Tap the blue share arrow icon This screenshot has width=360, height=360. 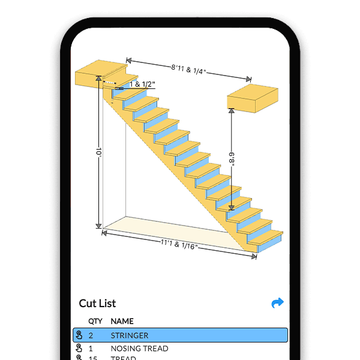pyautogui.click(x=277, y=303)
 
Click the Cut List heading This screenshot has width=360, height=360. pyautogui.click(x=97, y=303)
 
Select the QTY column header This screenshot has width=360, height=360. pyautogui.click(x=95, y=321)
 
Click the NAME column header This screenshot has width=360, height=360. pyautogui.click(x=122, y=321)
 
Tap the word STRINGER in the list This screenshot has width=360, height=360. pyautogui.click(x=129, y=335)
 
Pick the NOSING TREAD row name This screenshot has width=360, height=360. pyautogui.click(x=139, y=348)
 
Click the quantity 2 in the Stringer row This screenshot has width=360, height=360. pyautogui.click(x=91, y=335)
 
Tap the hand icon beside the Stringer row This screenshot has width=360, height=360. pyautogui.click(x=79, y=335)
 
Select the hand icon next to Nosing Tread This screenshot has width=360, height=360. pyautogui.click(x=79, y=348)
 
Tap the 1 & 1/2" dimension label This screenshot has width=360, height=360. pyautogui.click(x=142, y=85)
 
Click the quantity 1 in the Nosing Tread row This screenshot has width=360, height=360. pyautogui.click(x=91, y=348)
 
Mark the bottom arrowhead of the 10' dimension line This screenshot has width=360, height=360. pyautogui.click(x=98, y=226)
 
